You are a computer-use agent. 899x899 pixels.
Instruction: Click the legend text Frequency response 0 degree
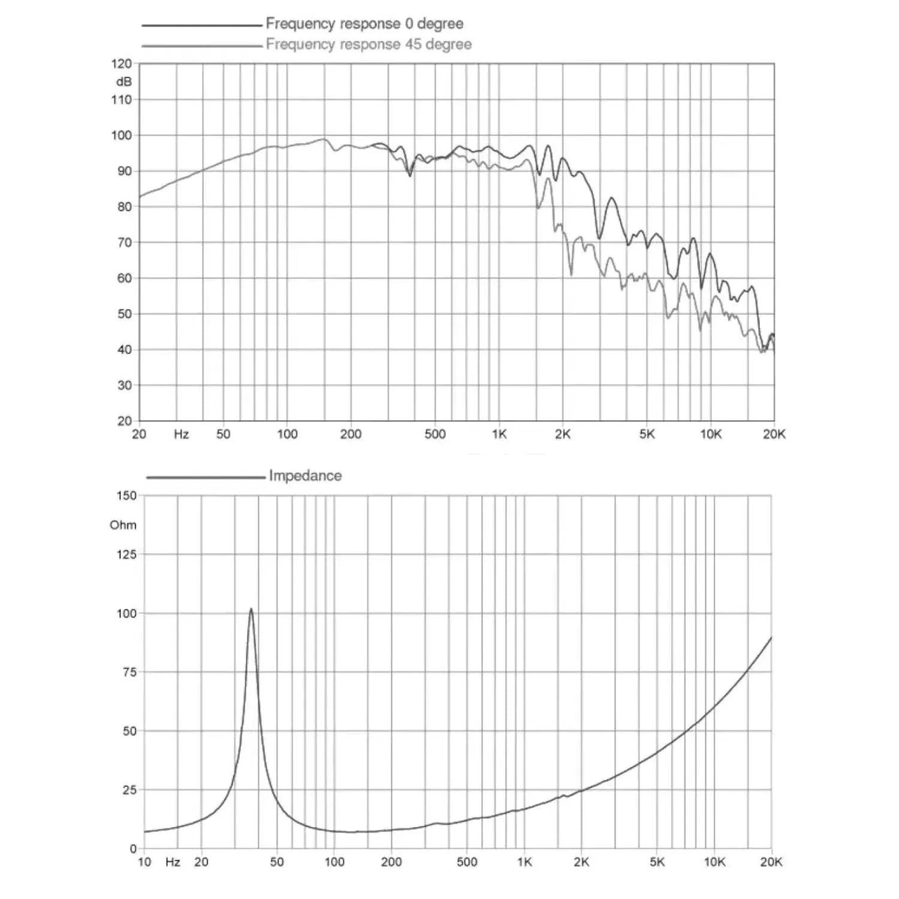pos(364,24)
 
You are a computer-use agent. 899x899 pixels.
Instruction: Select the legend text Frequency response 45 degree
pos(369,44)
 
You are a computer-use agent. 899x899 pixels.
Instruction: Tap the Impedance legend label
pos(305,476)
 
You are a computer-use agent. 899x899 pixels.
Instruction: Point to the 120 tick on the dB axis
pos(121,64)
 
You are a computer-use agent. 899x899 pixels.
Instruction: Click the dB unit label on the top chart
pos(123,82)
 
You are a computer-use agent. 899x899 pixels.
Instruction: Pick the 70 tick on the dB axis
pos(124,243)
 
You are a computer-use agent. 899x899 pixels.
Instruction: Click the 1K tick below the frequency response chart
pos(499,435)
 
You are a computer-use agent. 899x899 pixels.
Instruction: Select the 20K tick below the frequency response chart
pos(774,435)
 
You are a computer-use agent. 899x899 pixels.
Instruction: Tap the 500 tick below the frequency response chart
pos(435,435)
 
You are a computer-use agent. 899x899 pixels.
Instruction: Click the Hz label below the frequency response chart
pos(181,435)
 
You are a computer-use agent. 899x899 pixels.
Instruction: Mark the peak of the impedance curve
pos(251,609)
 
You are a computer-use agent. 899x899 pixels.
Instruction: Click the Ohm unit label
pos(123,525)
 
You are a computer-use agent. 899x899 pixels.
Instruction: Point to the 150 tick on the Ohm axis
pos(126,496)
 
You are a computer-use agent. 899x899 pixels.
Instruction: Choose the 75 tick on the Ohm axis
pos(129,672)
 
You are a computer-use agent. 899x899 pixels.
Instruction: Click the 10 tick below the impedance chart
pos(144,862)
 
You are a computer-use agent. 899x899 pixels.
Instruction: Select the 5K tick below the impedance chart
pos(657,862)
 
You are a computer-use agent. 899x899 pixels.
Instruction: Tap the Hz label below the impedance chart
pos(173,862)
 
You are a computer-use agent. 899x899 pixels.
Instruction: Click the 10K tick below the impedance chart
pos(714,862)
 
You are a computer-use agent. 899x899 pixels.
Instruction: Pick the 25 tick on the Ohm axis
pos(129,790)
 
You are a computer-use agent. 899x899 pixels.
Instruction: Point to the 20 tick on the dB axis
pos(124,421)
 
